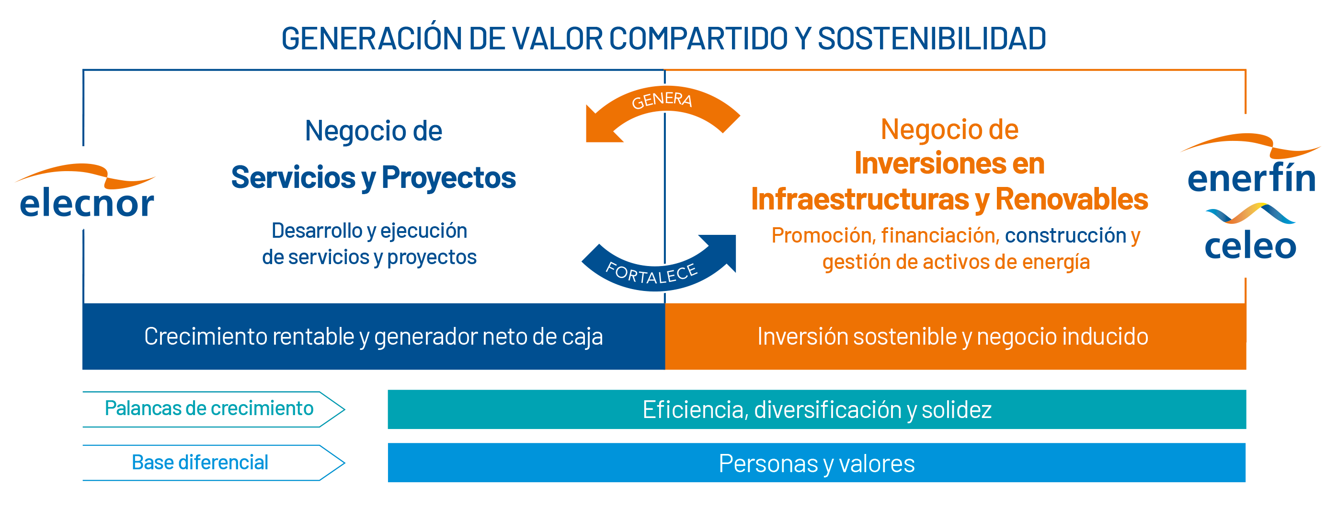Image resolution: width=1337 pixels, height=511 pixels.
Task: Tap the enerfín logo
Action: point(1251,163)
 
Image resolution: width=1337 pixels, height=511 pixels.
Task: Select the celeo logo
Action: point(1250,232)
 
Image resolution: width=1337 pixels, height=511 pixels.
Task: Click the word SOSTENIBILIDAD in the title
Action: point(932,39)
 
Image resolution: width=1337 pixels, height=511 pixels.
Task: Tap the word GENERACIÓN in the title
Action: point(371,38)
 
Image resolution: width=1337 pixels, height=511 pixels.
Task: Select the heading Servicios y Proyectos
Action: point(374,177)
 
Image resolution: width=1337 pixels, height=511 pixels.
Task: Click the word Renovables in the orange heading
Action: point(1071,199)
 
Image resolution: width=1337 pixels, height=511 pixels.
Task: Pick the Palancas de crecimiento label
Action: point(209,409)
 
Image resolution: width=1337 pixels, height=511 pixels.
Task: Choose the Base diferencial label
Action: point(200,463)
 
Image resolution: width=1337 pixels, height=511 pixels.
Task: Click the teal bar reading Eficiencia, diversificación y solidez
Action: point(817,410)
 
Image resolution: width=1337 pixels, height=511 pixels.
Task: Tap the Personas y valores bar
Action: point(817,463)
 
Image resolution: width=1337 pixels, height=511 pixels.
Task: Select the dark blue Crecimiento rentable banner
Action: point(374,337)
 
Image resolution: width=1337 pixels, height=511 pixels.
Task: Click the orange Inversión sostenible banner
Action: point(956,337)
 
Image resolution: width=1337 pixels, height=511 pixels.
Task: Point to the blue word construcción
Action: point(1065,236)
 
